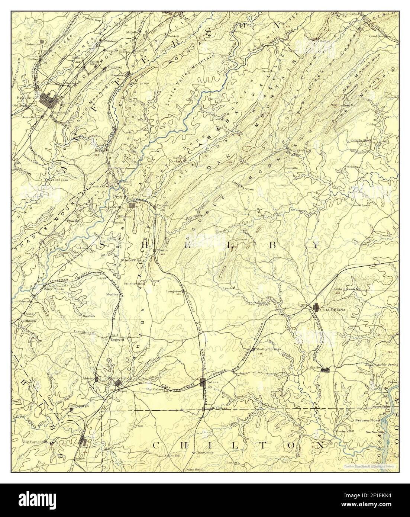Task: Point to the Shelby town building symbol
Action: [x=325, y=369]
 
